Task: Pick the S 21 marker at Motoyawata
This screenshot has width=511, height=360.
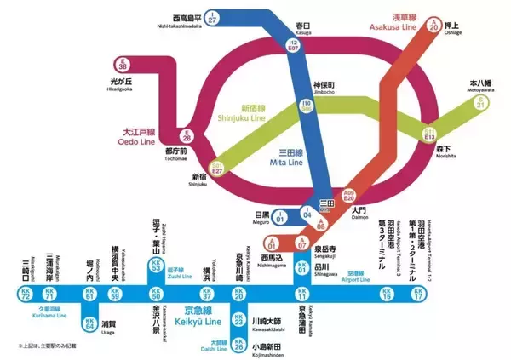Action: coord(480,104)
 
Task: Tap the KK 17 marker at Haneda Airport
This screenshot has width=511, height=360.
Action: coord(417,295)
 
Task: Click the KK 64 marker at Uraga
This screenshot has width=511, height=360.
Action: coord(89,323)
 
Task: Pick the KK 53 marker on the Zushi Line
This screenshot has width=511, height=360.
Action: coord(155,266)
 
